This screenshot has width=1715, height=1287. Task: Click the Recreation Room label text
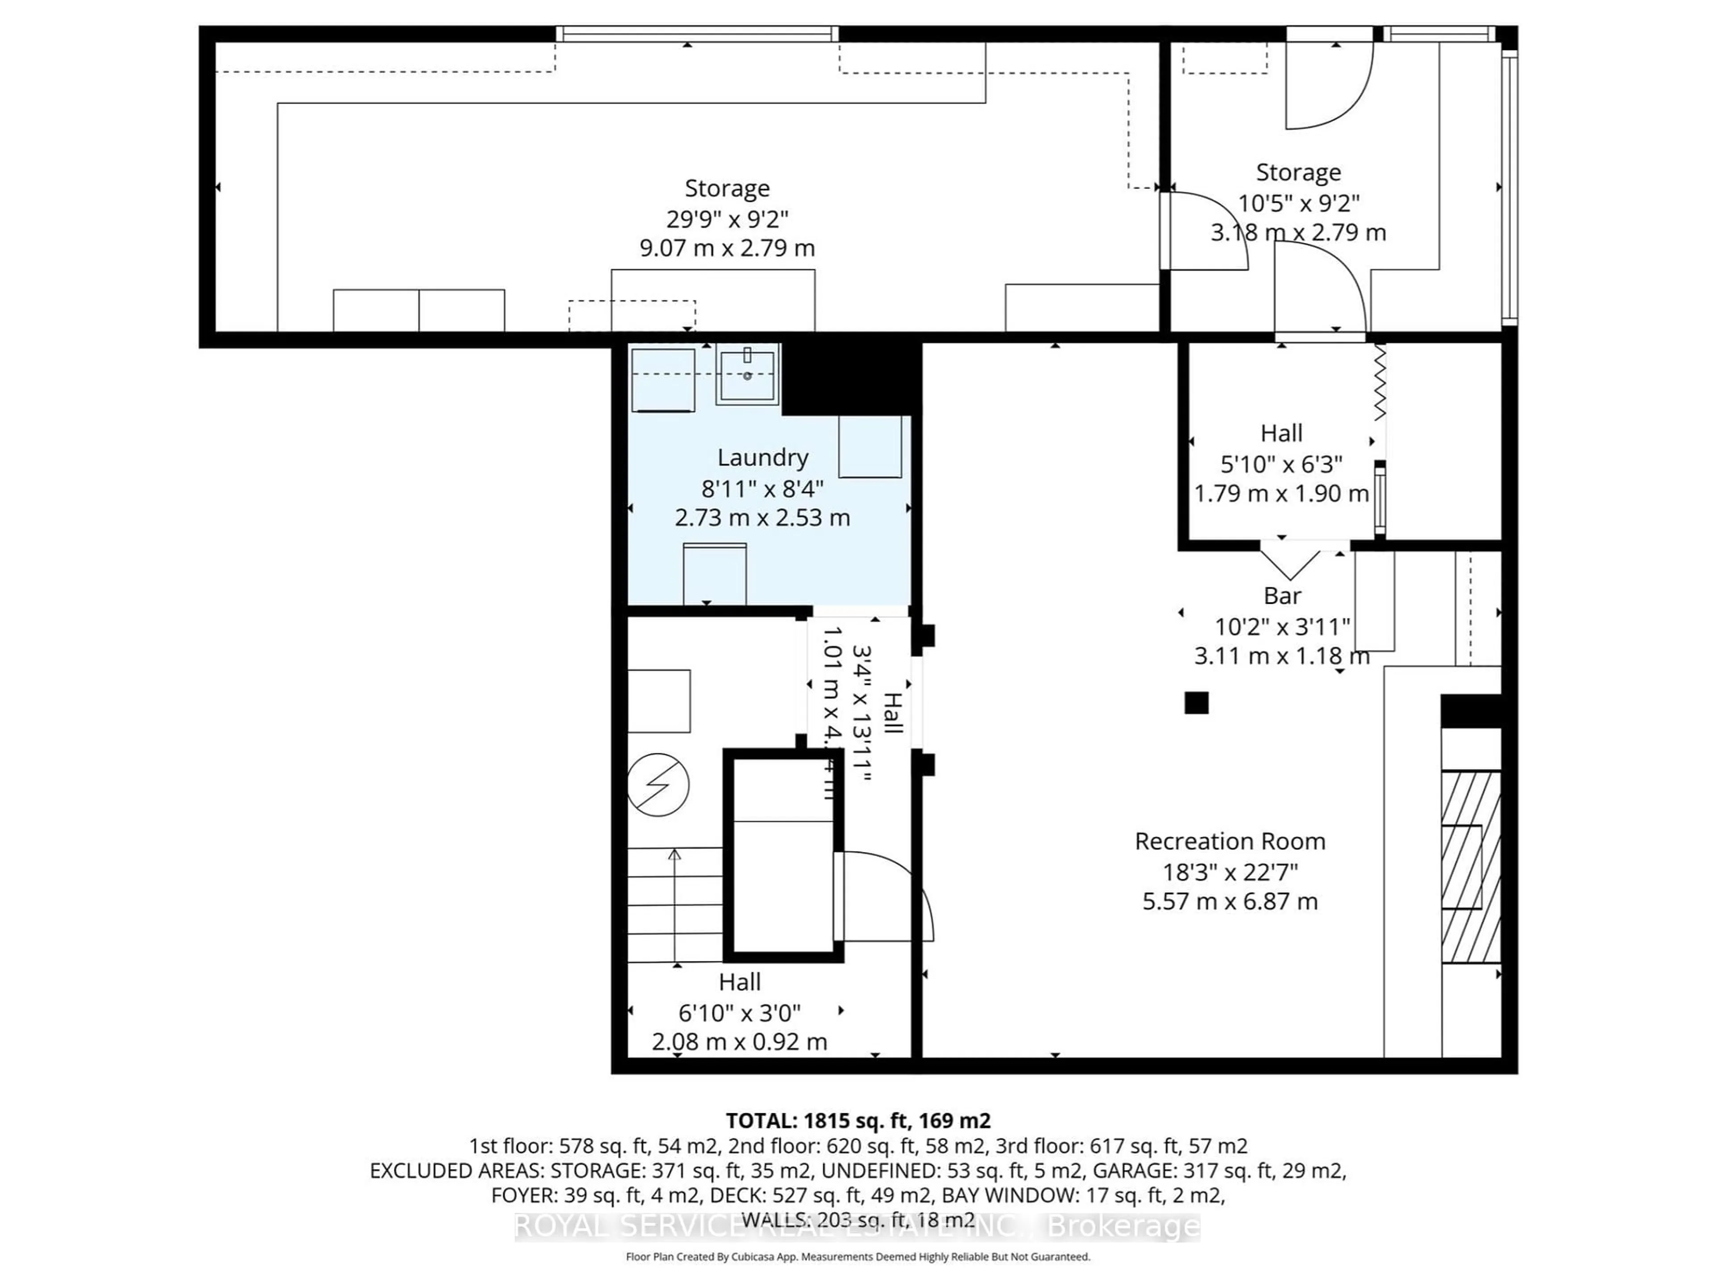(1230, 841)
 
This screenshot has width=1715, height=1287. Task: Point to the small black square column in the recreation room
(1196, 702)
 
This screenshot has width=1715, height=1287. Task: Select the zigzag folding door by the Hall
(1379, 384)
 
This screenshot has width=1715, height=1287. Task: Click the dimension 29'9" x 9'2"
(727, 219)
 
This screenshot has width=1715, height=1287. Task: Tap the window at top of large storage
(698, 33)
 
